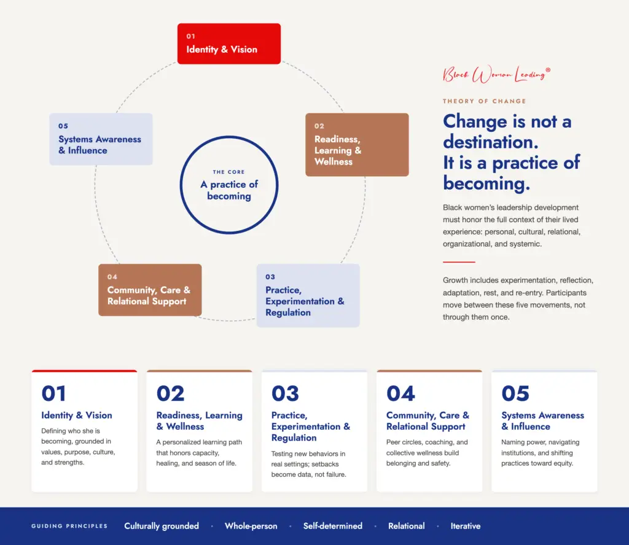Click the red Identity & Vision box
[229, 44]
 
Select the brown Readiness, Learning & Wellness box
[357, 145]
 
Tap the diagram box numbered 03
[308, 295]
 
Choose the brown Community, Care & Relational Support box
[150, 290]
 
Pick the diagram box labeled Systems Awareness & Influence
[101, 139]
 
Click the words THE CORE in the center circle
[229, 172]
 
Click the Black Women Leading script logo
[496, 74]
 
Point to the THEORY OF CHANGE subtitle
[484, 101]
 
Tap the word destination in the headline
[491, 142]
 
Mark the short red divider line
[459, 261]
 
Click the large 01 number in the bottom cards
[53, 393]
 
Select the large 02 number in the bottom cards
[171, 393]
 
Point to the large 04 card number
[400, 393]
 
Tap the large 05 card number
[515, 393]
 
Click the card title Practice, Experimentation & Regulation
[310, 427]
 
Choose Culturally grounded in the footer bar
[162, 526]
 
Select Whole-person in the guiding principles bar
[251, 526]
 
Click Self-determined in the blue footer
[332, 526]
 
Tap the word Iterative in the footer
[466, 526]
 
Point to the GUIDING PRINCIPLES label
[69, 526]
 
